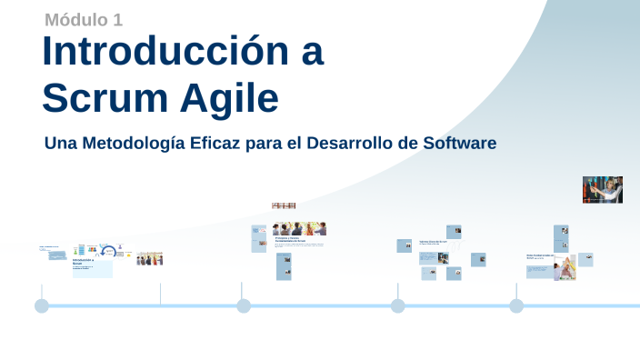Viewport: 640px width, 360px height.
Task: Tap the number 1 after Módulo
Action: pos(118,19)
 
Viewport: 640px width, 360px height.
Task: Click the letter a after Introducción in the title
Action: pos(312,52)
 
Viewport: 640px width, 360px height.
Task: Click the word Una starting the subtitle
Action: pos(59,144)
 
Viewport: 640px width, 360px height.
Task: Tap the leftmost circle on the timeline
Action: pos(42,305)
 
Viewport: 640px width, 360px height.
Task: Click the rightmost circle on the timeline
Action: pos(516,305)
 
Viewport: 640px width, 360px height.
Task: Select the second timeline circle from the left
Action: pos(244,305)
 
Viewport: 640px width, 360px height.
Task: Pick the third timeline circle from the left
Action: pos(398,305)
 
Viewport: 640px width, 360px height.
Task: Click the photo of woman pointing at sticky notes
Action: pos(602,190)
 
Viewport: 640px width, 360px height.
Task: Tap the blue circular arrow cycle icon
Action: pos(108,250)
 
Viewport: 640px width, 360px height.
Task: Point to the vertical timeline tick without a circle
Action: pos(161,294)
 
